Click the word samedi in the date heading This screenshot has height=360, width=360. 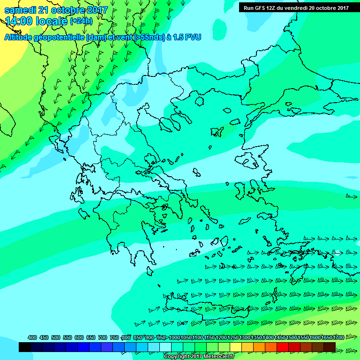click(21, 10)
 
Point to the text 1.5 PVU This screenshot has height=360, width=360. click(187, 37)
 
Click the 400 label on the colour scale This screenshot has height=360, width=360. click(32, 337)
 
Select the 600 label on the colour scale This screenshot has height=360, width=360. click(79, 337)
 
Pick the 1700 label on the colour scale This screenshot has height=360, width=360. click(338, 337)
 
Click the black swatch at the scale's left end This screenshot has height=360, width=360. click(25, 347)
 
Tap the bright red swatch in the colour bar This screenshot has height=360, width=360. click(283, 347)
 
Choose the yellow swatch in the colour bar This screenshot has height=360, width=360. click(236, 347)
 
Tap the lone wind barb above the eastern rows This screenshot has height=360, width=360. click(351, 196)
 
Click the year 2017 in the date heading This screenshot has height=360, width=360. click(97, 10)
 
